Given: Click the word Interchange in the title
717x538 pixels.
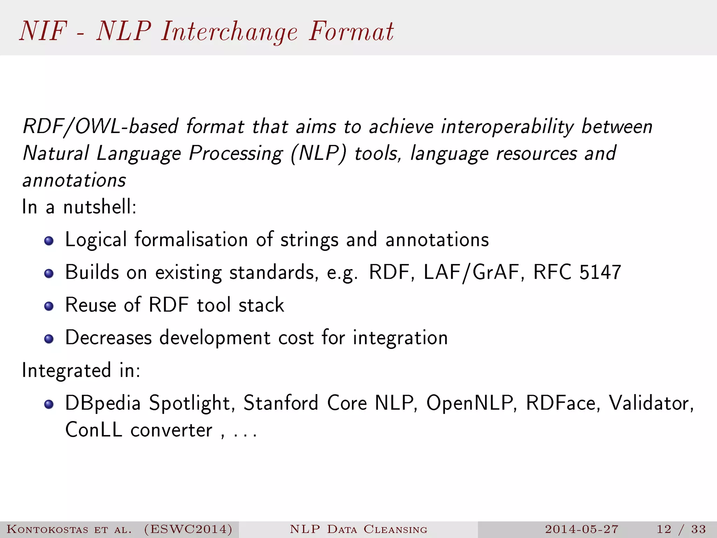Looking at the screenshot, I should point(229,32).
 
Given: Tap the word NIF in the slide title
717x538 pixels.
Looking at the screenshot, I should point(43,32).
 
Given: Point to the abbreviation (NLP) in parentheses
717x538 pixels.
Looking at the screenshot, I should point(318,153).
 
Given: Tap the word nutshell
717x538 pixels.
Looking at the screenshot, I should point(100,207).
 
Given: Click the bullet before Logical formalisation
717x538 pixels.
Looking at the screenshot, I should point(49,241).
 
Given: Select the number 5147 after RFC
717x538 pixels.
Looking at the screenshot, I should point(600,272).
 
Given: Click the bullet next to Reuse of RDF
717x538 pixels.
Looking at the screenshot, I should point(49,306).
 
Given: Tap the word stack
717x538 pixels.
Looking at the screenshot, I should point(261,305).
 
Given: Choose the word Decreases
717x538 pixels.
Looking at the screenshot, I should point(109,338).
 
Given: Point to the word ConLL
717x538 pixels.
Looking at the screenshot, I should point(94,430).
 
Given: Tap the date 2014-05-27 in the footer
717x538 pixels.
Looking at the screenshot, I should point(582,529).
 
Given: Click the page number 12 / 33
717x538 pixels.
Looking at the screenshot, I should point(681,529).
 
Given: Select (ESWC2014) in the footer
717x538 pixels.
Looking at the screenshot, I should point(188,529).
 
